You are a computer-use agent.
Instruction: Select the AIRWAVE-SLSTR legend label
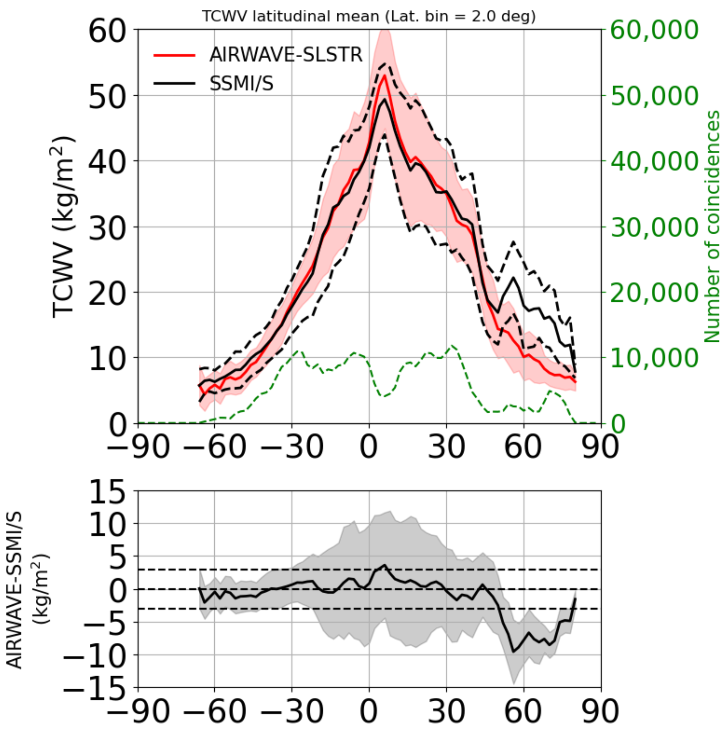coord(286,55)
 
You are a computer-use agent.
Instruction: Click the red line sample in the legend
coord(174,56)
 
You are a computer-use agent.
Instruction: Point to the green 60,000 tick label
coord(654,30)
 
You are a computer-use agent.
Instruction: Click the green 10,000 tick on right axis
coord(654,358)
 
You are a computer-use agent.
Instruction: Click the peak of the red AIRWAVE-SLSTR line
coord(385,75)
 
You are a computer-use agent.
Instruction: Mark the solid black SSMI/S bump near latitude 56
coord(514,277)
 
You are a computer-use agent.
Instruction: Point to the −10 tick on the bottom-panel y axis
coord(97,655)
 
